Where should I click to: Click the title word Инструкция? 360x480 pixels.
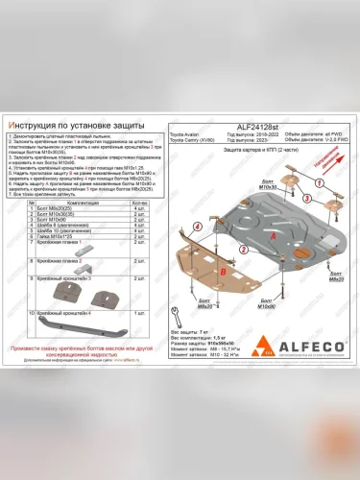tap(38, 124)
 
